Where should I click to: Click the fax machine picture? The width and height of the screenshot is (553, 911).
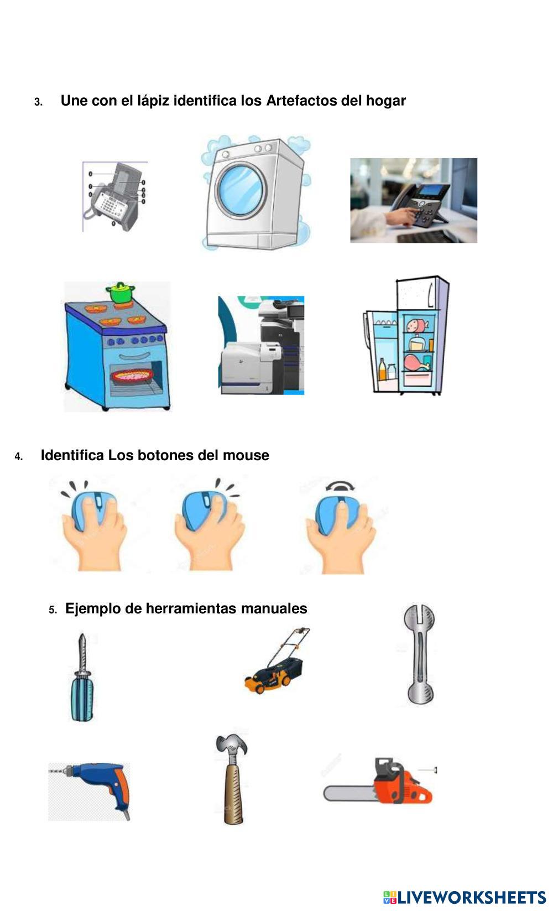[x=115, y=196]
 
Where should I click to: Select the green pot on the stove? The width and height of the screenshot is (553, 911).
[x=121, y=292]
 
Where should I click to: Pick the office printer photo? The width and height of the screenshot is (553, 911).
[x=261, y=345]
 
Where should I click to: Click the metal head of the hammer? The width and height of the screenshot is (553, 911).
[x=232, y=746]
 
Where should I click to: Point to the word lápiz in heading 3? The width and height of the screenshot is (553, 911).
[x=153, y=101]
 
